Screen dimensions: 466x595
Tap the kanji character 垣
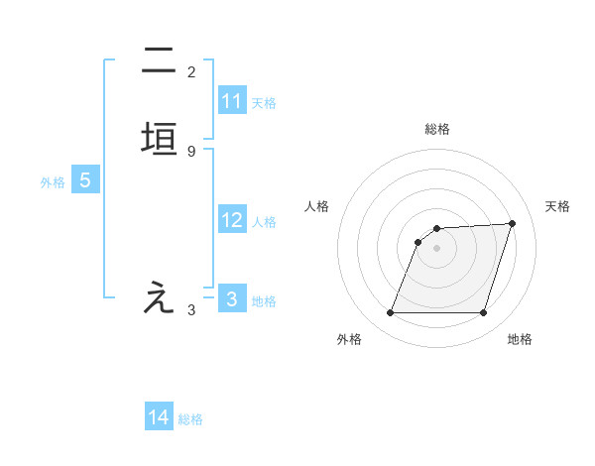(160, 138)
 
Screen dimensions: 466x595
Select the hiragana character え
(160, 298)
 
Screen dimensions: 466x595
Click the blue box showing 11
(232, 101)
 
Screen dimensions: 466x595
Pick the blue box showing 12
(232, 220)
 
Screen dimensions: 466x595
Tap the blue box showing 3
(232, 298)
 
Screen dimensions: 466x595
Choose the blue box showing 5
(85, 181)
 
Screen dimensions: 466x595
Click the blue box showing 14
(159, 417)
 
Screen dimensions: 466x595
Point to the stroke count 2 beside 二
(191, 72)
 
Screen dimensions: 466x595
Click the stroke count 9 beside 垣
(191, 151)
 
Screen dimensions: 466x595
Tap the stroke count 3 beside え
(191, 310)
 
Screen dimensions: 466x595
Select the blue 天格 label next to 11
(264, 103)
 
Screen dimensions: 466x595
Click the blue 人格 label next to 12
(264, 222)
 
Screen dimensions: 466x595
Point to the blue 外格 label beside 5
(53, 182)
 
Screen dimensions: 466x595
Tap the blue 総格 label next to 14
(190, 419)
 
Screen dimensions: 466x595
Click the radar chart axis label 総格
(437, 129)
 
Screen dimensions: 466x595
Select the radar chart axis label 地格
(520, 339)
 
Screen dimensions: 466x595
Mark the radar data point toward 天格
(513, 223)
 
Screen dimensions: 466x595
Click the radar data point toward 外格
(391, 312)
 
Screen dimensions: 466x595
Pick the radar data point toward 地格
(483, 312)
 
